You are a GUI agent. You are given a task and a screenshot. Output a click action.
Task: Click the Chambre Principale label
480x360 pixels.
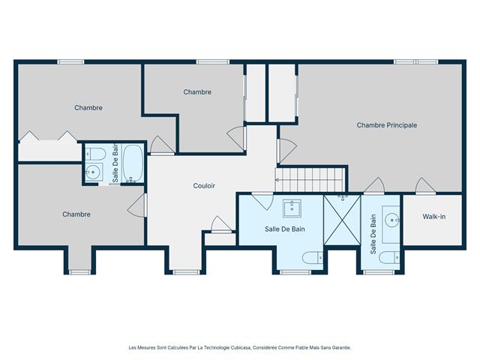coord(386,125)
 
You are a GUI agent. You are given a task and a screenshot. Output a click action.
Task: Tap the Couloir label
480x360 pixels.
coord(205,185)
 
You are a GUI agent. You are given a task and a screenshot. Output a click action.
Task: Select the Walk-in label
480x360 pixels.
coord(433,217)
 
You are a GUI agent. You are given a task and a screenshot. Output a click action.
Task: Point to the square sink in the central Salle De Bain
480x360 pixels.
coord(292,208)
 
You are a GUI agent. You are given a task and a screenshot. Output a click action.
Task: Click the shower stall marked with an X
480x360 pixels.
coord(342,219)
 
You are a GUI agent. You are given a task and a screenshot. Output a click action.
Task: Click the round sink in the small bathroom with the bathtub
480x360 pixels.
coord(93,172)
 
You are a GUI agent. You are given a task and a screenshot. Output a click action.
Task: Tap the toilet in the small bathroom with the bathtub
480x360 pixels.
coord(94,154)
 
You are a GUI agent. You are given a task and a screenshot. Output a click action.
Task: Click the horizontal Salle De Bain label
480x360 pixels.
coord(285,229)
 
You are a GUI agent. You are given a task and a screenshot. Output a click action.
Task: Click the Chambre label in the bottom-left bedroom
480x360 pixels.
coord(76,214)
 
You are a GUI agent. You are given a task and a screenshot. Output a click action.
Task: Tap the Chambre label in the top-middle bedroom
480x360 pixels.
coord(197,92)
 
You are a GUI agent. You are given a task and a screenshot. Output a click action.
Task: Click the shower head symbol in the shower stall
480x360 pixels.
coord(343,196)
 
